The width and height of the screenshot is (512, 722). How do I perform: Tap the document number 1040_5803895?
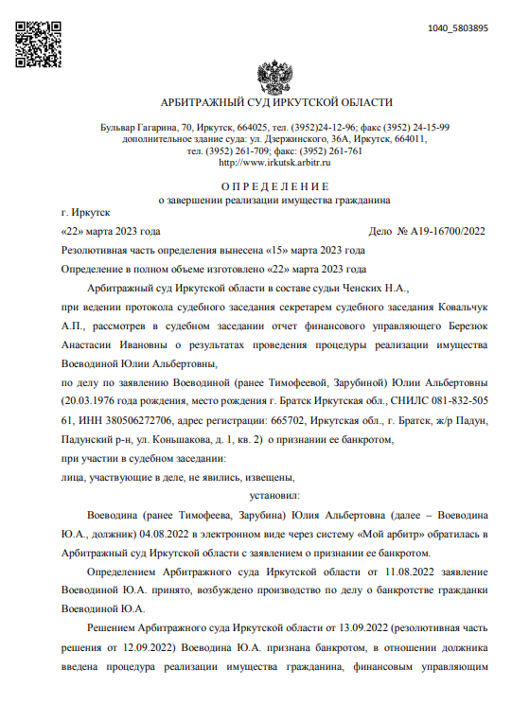click(458, 28)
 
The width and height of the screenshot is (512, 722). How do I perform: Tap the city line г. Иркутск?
click(84, 214)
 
